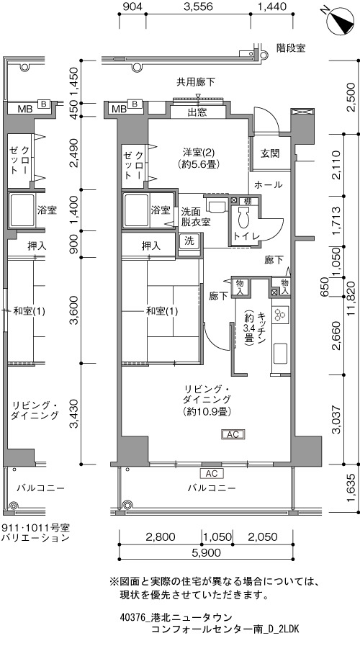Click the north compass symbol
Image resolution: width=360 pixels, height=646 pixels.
pyautogui.click(x=341, y=20)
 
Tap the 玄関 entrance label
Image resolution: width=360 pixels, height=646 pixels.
pyautogui.click(x=270, y=153)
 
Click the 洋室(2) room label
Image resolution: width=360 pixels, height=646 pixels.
pyautogui.click(x=197, y=158)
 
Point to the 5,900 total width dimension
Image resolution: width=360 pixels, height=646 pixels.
pyautogui.click(x=206, y=552)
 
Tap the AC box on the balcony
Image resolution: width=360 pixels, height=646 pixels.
pyautogui.click(x=212, y=473)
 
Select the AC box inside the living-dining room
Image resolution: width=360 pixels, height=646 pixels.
pyautogui.click(x=233, y=434)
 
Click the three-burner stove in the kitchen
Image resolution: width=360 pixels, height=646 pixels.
pyautogui.click(x=282, y=314)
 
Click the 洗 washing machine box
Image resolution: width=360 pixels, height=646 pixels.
pyautogui.click(x=189, y=241)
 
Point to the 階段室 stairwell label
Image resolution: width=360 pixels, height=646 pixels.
pyautogui.click(x=291, y=48)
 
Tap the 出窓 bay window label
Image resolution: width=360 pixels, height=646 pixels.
pyautogui.click(x=197, y=112)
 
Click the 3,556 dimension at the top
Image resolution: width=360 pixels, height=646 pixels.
pyautogui.click(x=199, y=6)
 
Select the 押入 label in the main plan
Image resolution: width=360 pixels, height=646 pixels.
pyautogui.click(x=151, y=246)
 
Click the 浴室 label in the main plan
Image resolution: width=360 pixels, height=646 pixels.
pyautogui.click(x=161, y=210)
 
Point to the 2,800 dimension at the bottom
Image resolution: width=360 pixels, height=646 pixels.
pyautogui.click(x=161, y=537)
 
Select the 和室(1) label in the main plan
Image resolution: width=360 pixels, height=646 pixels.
pyautogui.click(x=162, y=311)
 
